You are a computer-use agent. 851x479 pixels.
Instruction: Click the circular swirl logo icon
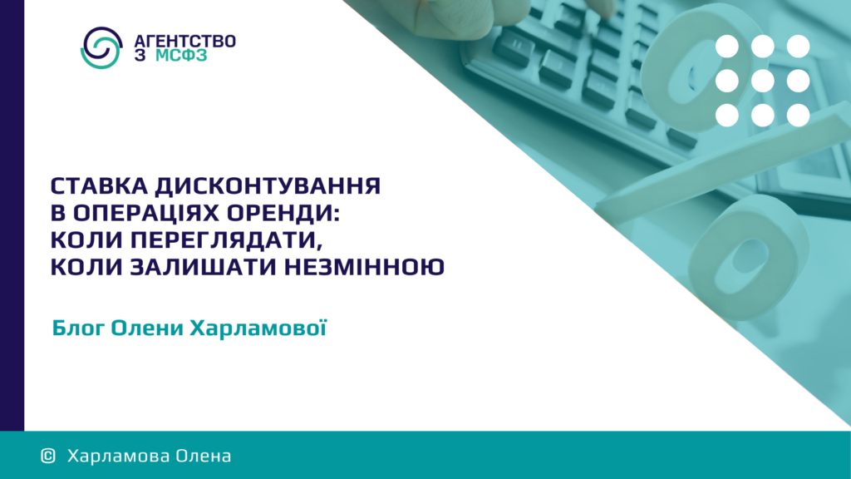[101, 47]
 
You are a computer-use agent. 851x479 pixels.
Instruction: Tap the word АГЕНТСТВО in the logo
[184, 42]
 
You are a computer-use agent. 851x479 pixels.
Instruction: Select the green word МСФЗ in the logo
[181, 56]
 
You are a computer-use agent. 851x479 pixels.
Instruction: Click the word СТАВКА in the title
[100, 186]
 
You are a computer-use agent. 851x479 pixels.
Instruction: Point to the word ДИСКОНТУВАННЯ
[268, 186]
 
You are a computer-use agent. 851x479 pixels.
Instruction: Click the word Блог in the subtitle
[77, 328]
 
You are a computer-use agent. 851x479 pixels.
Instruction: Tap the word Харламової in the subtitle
[258, 328]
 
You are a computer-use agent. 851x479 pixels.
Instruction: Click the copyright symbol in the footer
[48, 456]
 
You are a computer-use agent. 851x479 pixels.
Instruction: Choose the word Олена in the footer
[196, 456]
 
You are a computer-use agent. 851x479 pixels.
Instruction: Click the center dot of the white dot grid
[763, 81]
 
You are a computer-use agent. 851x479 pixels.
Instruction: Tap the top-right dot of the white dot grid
[799, 47]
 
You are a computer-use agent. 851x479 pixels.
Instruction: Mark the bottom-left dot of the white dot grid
[726, 115]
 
